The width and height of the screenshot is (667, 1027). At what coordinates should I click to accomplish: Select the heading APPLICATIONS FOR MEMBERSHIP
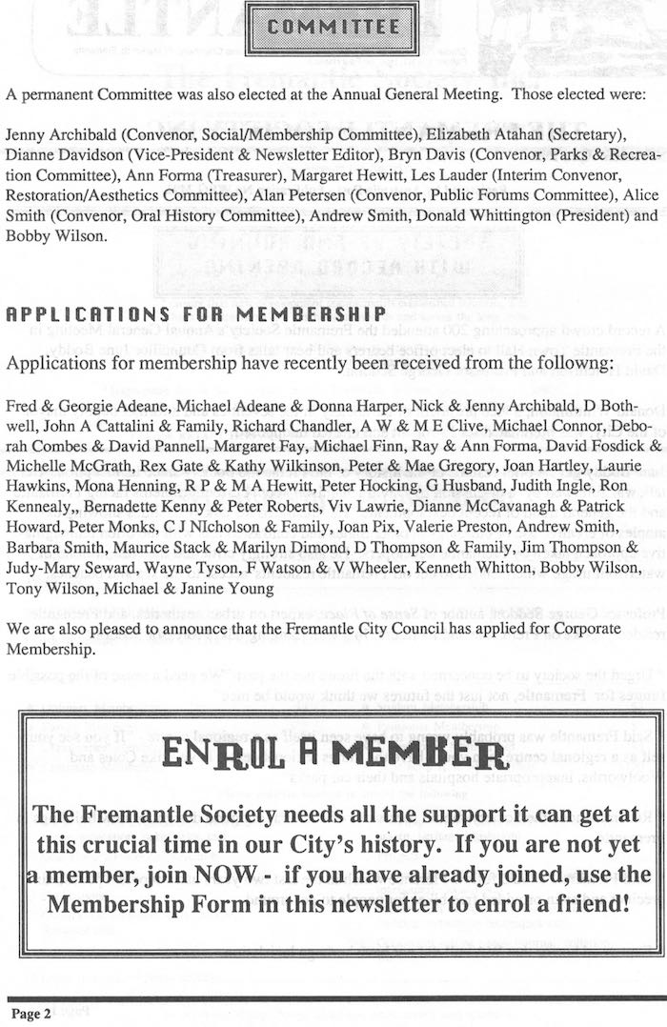[195, 313]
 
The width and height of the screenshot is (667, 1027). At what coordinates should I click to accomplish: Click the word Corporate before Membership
[575, 630]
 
